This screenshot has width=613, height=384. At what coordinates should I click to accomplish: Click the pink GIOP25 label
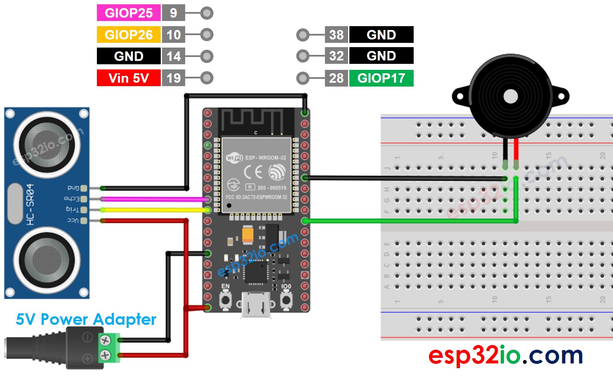tap(129, 13)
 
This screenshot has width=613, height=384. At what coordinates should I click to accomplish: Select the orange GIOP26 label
tap(129, 35)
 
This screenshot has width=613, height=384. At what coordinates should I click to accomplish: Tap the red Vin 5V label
tap(129, 78)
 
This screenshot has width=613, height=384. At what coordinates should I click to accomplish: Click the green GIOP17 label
tap(381, 78)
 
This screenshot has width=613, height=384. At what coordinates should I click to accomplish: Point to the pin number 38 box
tap(336, 35)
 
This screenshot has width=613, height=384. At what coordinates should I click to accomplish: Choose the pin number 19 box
tap(173, 78)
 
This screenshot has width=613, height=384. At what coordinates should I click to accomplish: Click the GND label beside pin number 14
tap(129, 56)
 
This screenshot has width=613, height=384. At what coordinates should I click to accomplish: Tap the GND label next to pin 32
tap(381, 56)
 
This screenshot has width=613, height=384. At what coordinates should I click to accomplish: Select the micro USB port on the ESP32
tap(256, 305)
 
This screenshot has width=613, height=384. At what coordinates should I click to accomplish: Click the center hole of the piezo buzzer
tap(510, 96)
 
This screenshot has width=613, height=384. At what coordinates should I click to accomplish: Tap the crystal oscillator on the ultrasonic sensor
tap(15, 203)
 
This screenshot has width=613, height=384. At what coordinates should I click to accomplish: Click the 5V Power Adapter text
tap(86, 319)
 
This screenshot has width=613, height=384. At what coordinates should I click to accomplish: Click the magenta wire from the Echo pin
tap(154, 199)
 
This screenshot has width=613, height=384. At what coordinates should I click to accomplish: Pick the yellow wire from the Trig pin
tap(154, 210)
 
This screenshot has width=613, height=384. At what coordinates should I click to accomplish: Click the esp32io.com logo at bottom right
tap(505, 355)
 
